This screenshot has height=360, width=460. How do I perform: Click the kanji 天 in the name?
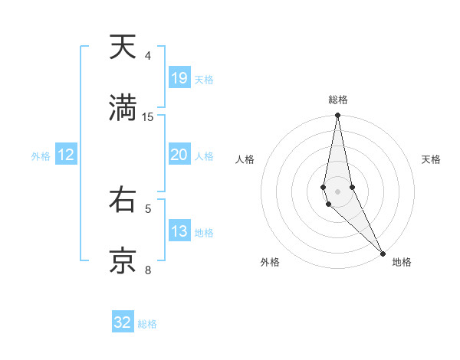point(123,48)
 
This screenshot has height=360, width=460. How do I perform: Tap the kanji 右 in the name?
point(123,201)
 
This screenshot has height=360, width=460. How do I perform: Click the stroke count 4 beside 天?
point(148,56)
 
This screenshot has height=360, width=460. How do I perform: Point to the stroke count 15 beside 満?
point(148,116)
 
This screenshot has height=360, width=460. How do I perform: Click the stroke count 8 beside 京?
point(148,270)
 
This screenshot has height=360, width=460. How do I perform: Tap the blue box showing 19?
point(179,78)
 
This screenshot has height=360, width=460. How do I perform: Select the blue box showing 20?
point(179,155)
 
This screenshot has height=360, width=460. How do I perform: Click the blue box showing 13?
point(179,231)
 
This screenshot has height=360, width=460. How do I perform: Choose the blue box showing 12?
point(66,155)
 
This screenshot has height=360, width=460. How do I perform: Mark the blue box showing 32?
point(123,322)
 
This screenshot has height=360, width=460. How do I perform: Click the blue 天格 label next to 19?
point(204,80)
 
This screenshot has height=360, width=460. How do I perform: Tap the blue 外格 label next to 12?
point(41,156)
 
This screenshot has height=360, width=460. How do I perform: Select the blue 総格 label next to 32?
point(147,324)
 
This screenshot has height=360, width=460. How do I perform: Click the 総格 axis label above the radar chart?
point(338,100)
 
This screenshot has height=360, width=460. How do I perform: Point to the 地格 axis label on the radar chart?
point(402,262)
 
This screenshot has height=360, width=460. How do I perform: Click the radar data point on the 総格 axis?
point(337,116)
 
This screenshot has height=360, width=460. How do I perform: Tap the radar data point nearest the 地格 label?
point(383,254)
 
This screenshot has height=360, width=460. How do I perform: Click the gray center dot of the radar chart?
point(337,191)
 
